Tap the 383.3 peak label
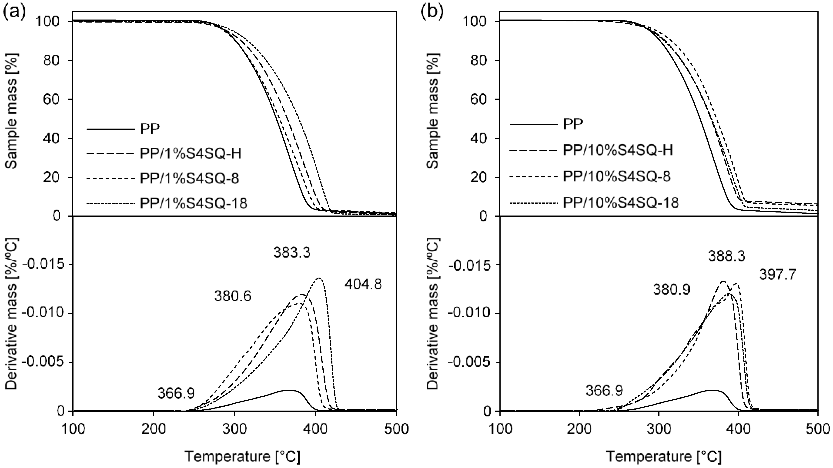tap(292, 253)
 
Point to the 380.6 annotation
tap(233, 296)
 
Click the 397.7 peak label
tap(777, 275)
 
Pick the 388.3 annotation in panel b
tap(726, 256)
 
